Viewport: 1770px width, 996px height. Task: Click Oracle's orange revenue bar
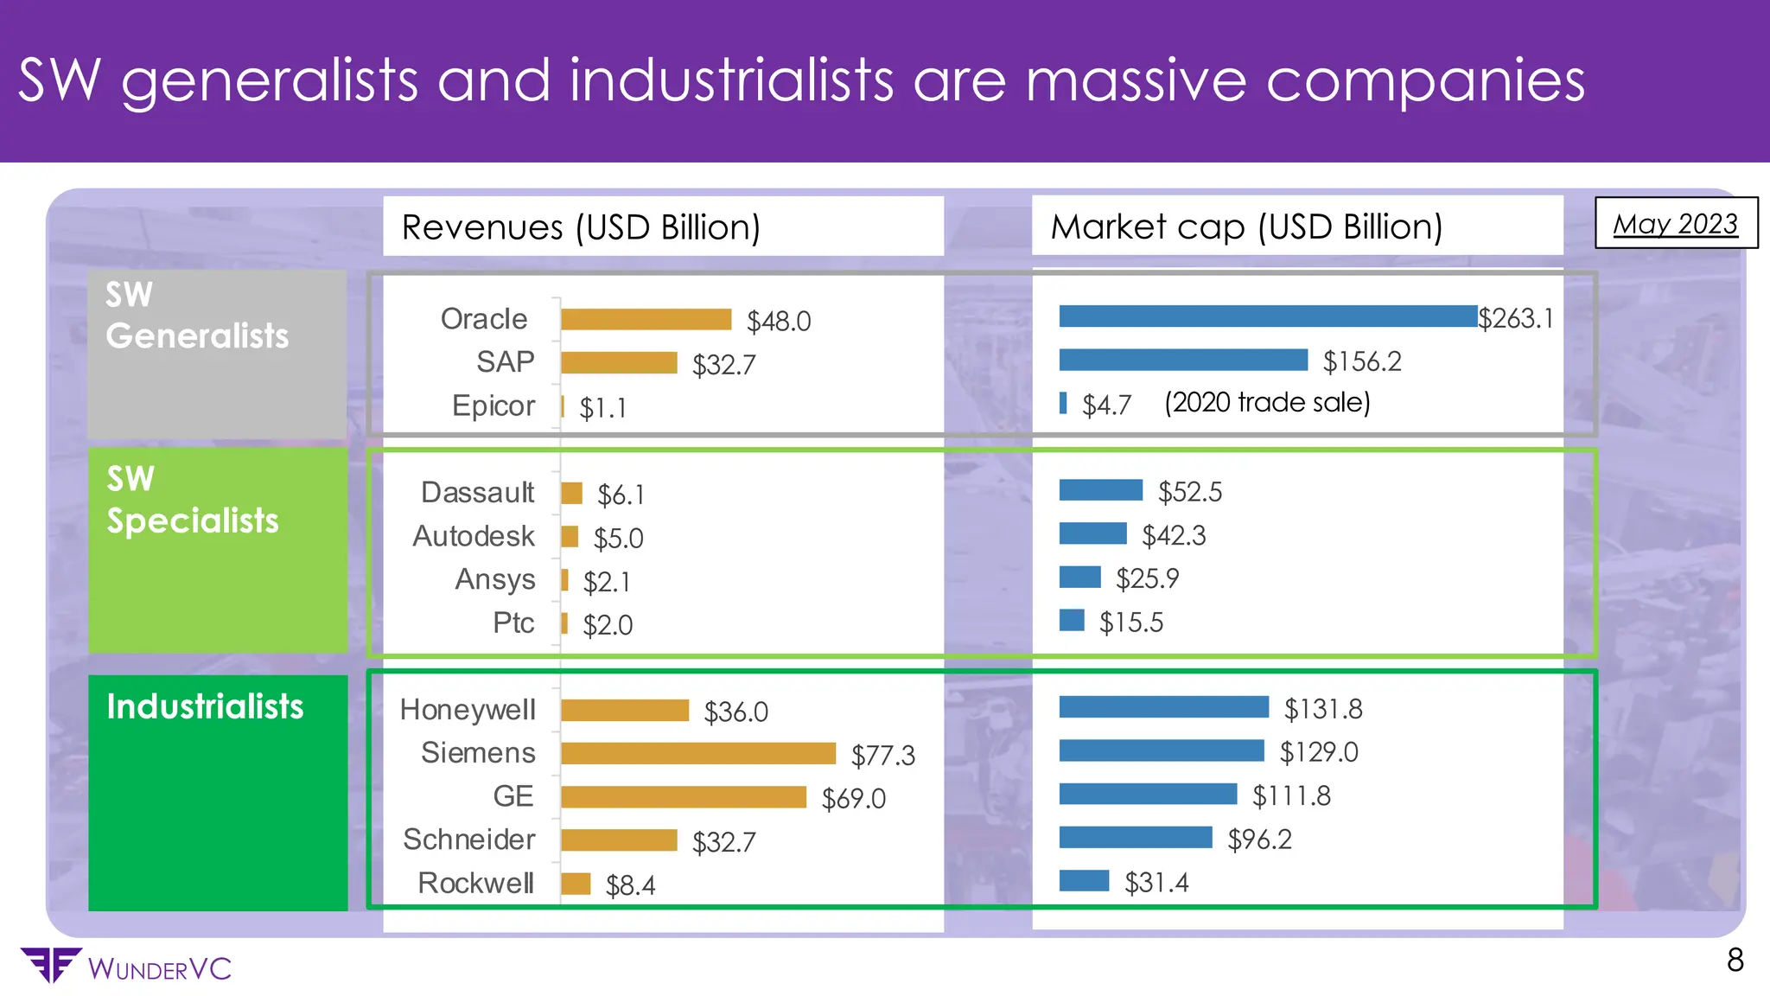646,320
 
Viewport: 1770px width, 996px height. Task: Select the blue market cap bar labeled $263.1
1268,316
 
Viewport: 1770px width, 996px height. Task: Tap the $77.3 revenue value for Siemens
882,756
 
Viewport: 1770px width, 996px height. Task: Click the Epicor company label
493,405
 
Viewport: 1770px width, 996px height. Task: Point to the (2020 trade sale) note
1267,403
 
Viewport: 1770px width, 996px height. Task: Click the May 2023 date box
1675,224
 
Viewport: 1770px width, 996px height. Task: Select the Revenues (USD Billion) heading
581,227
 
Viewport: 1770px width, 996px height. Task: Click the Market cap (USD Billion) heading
1246,227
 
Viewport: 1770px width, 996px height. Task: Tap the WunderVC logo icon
50,965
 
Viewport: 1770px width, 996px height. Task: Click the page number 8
1735,961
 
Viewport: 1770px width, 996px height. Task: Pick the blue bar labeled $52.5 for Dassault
1100,490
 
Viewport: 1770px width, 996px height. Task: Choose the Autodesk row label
474,536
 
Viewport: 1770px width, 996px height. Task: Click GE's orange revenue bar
683,796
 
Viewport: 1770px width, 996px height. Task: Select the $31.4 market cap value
1156,883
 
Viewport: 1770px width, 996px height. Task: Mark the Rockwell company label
475,883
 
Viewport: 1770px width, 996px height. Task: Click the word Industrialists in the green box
205,707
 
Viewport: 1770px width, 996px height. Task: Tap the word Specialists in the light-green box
193,521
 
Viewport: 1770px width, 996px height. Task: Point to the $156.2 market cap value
1362,361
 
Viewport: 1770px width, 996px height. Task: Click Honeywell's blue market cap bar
1163,707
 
